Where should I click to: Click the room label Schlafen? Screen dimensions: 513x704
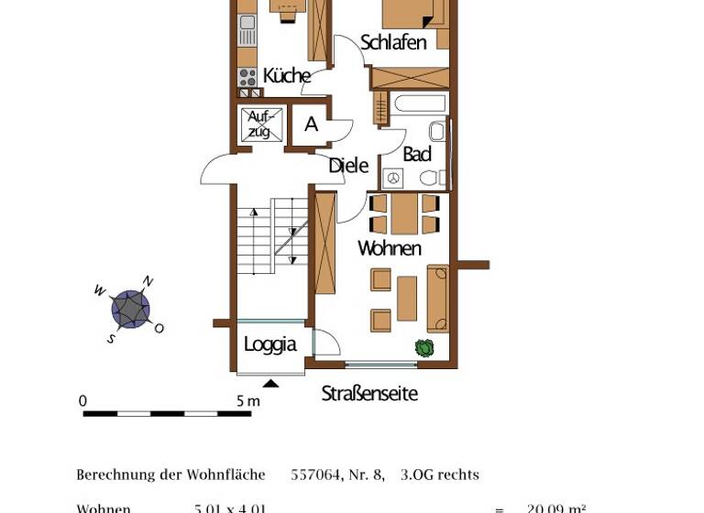click(393, 42)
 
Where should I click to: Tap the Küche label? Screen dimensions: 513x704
click(286, 76)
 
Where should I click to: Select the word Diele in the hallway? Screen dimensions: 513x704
click(348, 166)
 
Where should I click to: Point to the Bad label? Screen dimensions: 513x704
click(417, 154)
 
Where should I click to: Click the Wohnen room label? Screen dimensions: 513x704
click(390, 248)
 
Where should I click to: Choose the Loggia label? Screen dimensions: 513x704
click(269, 344)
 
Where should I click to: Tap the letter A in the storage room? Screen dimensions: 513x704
click(312, 125)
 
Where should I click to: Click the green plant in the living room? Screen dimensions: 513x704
click(423, 347)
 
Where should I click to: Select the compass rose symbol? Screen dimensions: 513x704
click(130, 309)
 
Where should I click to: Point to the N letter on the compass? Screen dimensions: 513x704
click(148, 282)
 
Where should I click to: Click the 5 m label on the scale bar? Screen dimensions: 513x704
click(248, 401)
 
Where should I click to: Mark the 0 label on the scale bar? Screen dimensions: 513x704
click(82, 401)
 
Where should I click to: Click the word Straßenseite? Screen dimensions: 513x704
click(369, 394)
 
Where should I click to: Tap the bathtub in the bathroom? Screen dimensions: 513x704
click(420, 103)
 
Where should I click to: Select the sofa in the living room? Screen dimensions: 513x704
click(438, 298)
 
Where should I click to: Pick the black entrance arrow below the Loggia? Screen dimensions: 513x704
click(271, 383)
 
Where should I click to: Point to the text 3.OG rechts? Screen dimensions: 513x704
click(439, 475)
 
